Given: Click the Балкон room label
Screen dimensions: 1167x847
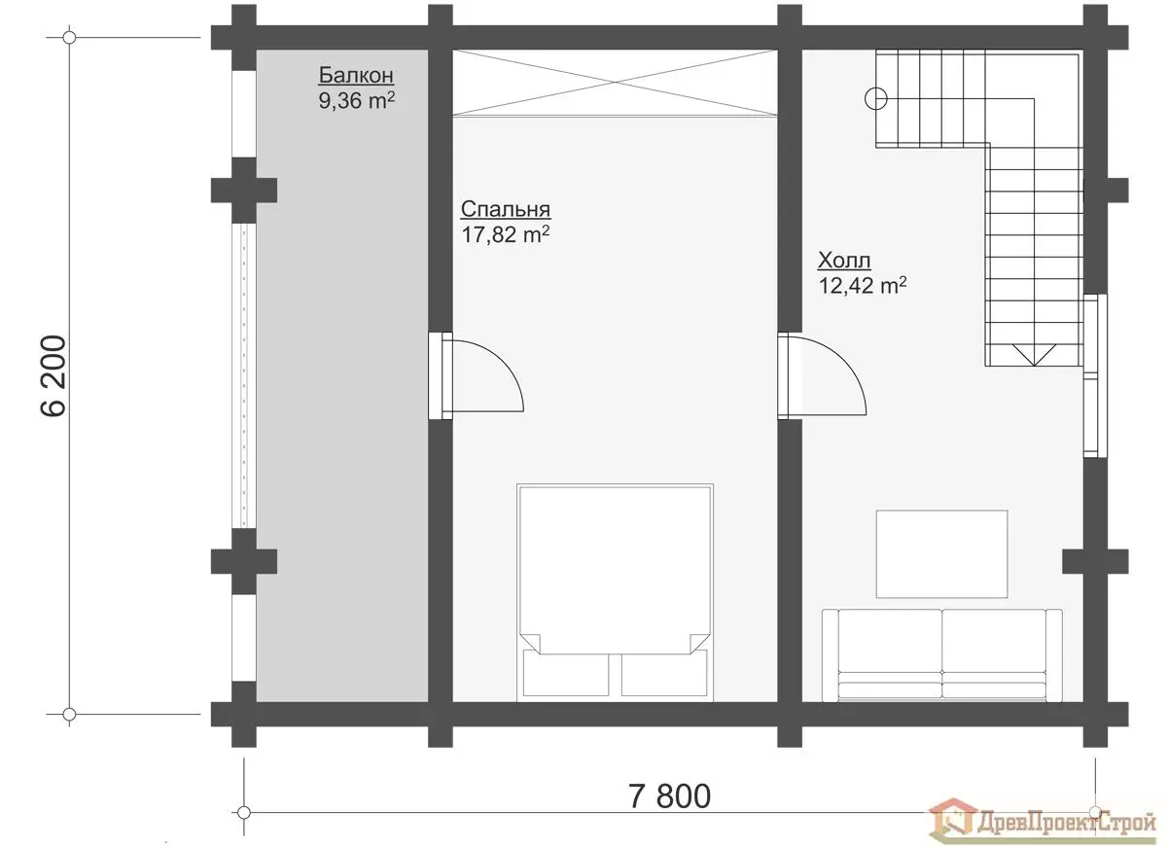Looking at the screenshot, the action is tap(356, 75).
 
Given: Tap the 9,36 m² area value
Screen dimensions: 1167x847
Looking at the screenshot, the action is tap(356, 100).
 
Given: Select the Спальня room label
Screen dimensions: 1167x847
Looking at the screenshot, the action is tap(506, 209).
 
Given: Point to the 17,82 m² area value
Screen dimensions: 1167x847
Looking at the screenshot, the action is tap(506, 234).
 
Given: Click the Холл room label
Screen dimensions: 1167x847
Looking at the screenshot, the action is tap(844, 260).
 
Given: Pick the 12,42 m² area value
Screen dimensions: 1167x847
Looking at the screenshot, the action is tap(863, 286).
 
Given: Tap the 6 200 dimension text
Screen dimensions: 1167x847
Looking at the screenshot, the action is tap(53, 375).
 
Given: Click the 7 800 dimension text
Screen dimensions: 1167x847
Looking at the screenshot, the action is tap(669, 796).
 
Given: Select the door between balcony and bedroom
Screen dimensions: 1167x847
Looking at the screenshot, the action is tap(476, 375).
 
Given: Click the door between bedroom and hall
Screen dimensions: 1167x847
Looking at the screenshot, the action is tap(822, 376).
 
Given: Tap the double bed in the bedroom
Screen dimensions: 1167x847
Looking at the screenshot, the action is tap(616, 593).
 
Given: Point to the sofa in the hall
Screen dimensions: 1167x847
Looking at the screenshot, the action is tap(942, 655).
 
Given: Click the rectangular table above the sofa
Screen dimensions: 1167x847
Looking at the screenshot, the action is tap(942, 553).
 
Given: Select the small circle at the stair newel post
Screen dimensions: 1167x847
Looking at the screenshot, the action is tap(876, 98).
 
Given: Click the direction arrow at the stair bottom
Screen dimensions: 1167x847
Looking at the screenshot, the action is tap(1034, 354).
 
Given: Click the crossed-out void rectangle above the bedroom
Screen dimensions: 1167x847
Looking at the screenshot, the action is tap(615, 83).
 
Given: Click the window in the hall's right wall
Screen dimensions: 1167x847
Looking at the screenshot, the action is tap(1095, 375).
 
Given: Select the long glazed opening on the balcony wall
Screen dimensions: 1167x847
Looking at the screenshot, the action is tap(244, 375).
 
